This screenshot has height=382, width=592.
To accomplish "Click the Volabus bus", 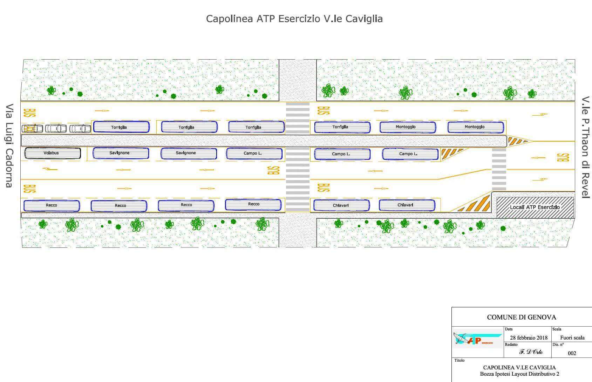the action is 53,153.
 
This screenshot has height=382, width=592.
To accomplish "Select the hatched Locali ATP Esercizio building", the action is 535,207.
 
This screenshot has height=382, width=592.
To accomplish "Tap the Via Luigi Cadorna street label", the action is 9,145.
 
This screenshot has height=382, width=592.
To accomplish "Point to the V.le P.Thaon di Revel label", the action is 586,148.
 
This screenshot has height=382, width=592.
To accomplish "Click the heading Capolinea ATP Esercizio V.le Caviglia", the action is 294,19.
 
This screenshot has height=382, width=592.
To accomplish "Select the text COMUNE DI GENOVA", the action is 522,317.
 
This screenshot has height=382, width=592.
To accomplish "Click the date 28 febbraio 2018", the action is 529,337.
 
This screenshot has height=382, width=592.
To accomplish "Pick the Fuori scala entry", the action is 572,337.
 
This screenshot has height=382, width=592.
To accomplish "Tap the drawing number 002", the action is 572,353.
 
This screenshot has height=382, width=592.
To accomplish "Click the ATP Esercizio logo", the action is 477,339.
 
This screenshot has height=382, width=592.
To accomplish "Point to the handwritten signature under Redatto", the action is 531,352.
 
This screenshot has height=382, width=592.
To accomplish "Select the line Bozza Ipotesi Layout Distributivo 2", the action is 519,374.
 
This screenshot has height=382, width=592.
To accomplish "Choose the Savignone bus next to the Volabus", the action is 121,153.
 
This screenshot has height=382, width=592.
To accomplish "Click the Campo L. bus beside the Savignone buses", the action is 254,154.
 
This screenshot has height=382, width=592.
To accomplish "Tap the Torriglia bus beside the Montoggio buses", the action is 342,127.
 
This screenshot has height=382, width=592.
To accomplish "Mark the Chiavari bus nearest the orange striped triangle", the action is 407,205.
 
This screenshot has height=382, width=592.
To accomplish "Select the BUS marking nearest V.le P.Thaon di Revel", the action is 563,157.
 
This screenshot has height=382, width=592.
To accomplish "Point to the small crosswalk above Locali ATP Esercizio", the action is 499,169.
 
